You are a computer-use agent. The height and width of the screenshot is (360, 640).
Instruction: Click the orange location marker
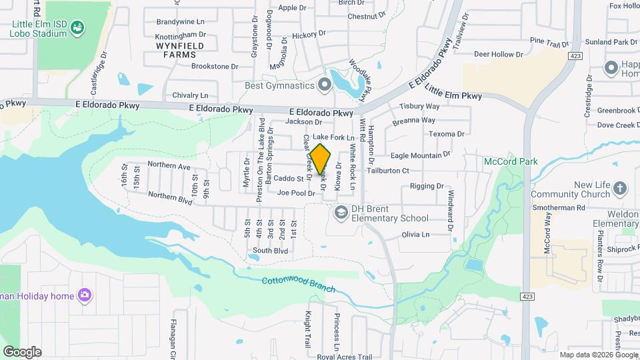pyautogui.click(x=321, y=161)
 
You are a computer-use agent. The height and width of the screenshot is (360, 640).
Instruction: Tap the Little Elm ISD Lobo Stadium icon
pyautogui.click(x=77, y=27)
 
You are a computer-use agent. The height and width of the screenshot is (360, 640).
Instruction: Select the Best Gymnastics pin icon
pyautogui.click(x=325, y=85)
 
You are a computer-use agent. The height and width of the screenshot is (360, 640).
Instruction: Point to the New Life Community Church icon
pyautogui.click(x=620, y=189)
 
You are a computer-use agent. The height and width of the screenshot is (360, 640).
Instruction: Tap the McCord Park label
pyautogui.click(x=510, y=161)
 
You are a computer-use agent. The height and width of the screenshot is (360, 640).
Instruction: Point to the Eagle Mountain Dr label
pyautogui.click(x=420, y=155)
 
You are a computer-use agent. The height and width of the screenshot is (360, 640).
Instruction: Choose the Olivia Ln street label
pyautogui.click(x=415, y=235)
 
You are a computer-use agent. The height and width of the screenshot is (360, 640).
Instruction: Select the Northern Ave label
pyautogui.click(x=169, y=165)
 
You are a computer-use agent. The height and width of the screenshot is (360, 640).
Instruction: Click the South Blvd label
pyautogui.click(x=270, y=251)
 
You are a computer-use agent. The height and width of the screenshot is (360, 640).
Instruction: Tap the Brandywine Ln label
pyautogui.click(x=180, y=21)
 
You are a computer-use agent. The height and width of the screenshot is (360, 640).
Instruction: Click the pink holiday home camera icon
pyautogui.click(x=84, y=295)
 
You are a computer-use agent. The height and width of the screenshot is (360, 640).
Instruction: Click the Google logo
pyautogui.click(x=22, y=351)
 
